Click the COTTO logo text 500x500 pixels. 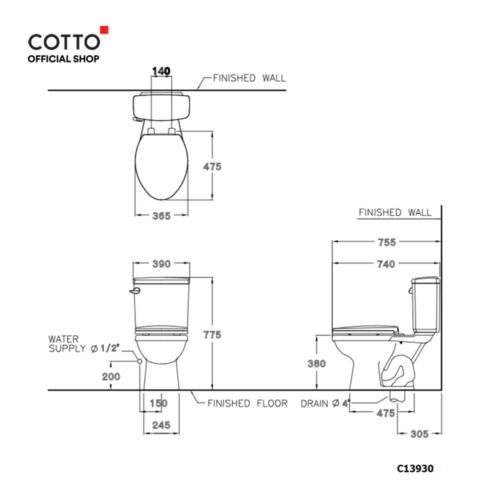[x=64, y=41]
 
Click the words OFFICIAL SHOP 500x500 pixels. [x=63, y=59]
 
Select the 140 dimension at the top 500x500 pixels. [x=160, y=71]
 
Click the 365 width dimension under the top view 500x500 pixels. [x=161, y=216]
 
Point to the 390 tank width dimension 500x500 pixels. [x=161, y=263]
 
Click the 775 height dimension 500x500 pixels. [x=212, y=335]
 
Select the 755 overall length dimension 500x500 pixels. [x=386, y=242]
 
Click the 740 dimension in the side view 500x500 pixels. [x=386, y=263]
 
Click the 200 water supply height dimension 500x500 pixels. [x=111, y=376]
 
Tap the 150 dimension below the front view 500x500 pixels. [x=158, y=403]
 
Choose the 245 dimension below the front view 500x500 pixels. [x=161, y=425]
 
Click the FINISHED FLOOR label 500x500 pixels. [x=247, y=403]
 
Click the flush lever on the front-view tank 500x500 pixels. [x=133, y=291]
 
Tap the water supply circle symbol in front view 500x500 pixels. [x=140, y=360]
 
